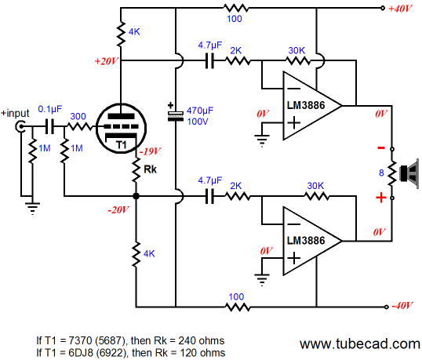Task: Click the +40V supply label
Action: click(400, 9)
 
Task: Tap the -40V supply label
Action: click(402, 306)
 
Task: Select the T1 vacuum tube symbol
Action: click(121, 129)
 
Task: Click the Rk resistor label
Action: click(150, 169)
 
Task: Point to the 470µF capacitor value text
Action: click(200, 111)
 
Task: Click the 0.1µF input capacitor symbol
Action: click(49, 126)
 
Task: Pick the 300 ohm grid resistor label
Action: click(78, 116)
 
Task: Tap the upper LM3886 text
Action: click(306, 105)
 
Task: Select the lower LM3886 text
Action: click(306, 241)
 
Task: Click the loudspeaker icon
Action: click(409, 173)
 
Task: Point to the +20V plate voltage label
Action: click(107, 61)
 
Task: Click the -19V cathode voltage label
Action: click(150, 151)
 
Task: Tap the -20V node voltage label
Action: click(118, 210)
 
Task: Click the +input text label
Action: click(15, 113)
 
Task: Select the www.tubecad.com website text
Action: click(359, 344)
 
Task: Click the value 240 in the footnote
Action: click(187, 341)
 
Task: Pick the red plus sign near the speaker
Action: click(381, 198)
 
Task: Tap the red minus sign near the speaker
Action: click(381, 147)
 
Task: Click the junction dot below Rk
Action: click(136, 196)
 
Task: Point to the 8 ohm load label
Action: click(381, 173)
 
